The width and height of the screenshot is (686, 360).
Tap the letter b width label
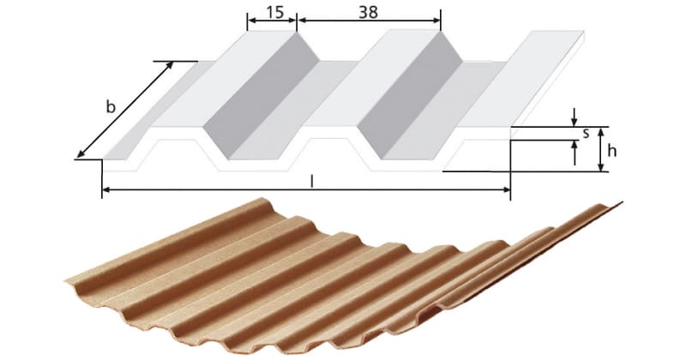111,107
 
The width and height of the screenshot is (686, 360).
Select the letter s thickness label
585,133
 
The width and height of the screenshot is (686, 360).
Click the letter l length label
311,182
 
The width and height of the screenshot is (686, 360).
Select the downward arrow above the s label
574,119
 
